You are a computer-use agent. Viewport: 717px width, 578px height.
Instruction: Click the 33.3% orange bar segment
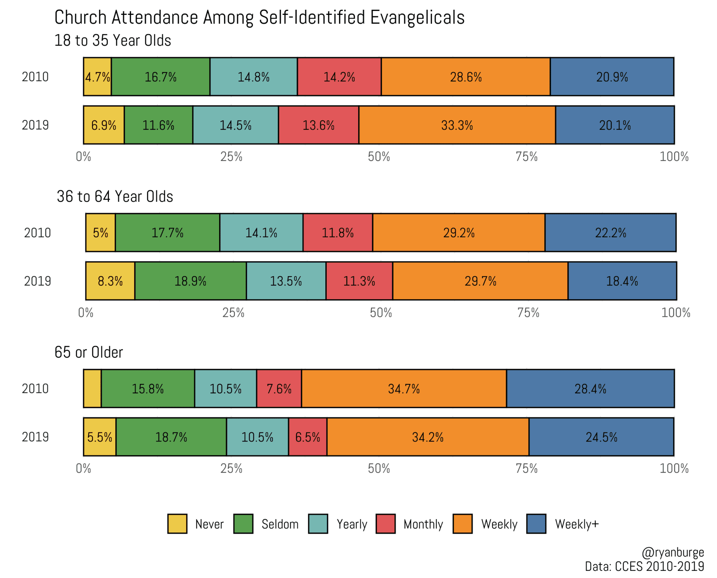[457, 125]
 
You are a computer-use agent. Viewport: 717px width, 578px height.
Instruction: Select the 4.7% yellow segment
[97, 77]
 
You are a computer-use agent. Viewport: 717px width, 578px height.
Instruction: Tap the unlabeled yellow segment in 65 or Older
[92, 388]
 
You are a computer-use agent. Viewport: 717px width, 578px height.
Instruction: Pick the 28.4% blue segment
[590, 388]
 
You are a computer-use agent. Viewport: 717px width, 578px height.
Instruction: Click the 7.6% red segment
[279, 388]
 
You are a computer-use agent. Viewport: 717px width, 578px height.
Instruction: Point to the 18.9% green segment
[190, 281]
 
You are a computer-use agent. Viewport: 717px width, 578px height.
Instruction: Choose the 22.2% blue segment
[610, 232]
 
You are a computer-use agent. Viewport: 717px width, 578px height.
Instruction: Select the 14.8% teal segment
[254, 77]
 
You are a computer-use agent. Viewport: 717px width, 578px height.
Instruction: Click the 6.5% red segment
[308, 437]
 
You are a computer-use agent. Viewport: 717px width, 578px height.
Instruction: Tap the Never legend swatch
[177, 524]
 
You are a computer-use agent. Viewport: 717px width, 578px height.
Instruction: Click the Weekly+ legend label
[577, 524]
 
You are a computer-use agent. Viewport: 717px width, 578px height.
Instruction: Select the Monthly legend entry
[423, 524]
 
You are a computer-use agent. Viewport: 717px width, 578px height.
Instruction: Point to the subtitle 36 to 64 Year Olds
[115, 196]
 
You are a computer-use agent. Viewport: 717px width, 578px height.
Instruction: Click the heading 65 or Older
[89, 352]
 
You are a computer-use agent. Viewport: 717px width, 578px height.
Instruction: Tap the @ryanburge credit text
[673, 552]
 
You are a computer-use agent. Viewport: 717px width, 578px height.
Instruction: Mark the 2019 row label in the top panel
[35, 125]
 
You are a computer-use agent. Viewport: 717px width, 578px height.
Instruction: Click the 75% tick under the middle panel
[528, 313]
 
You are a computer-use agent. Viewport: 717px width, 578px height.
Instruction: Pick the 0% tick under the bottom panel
[83, 469]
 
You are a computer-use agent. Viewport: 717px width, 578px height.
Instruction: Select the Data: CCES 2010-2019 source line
[644, 566]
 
